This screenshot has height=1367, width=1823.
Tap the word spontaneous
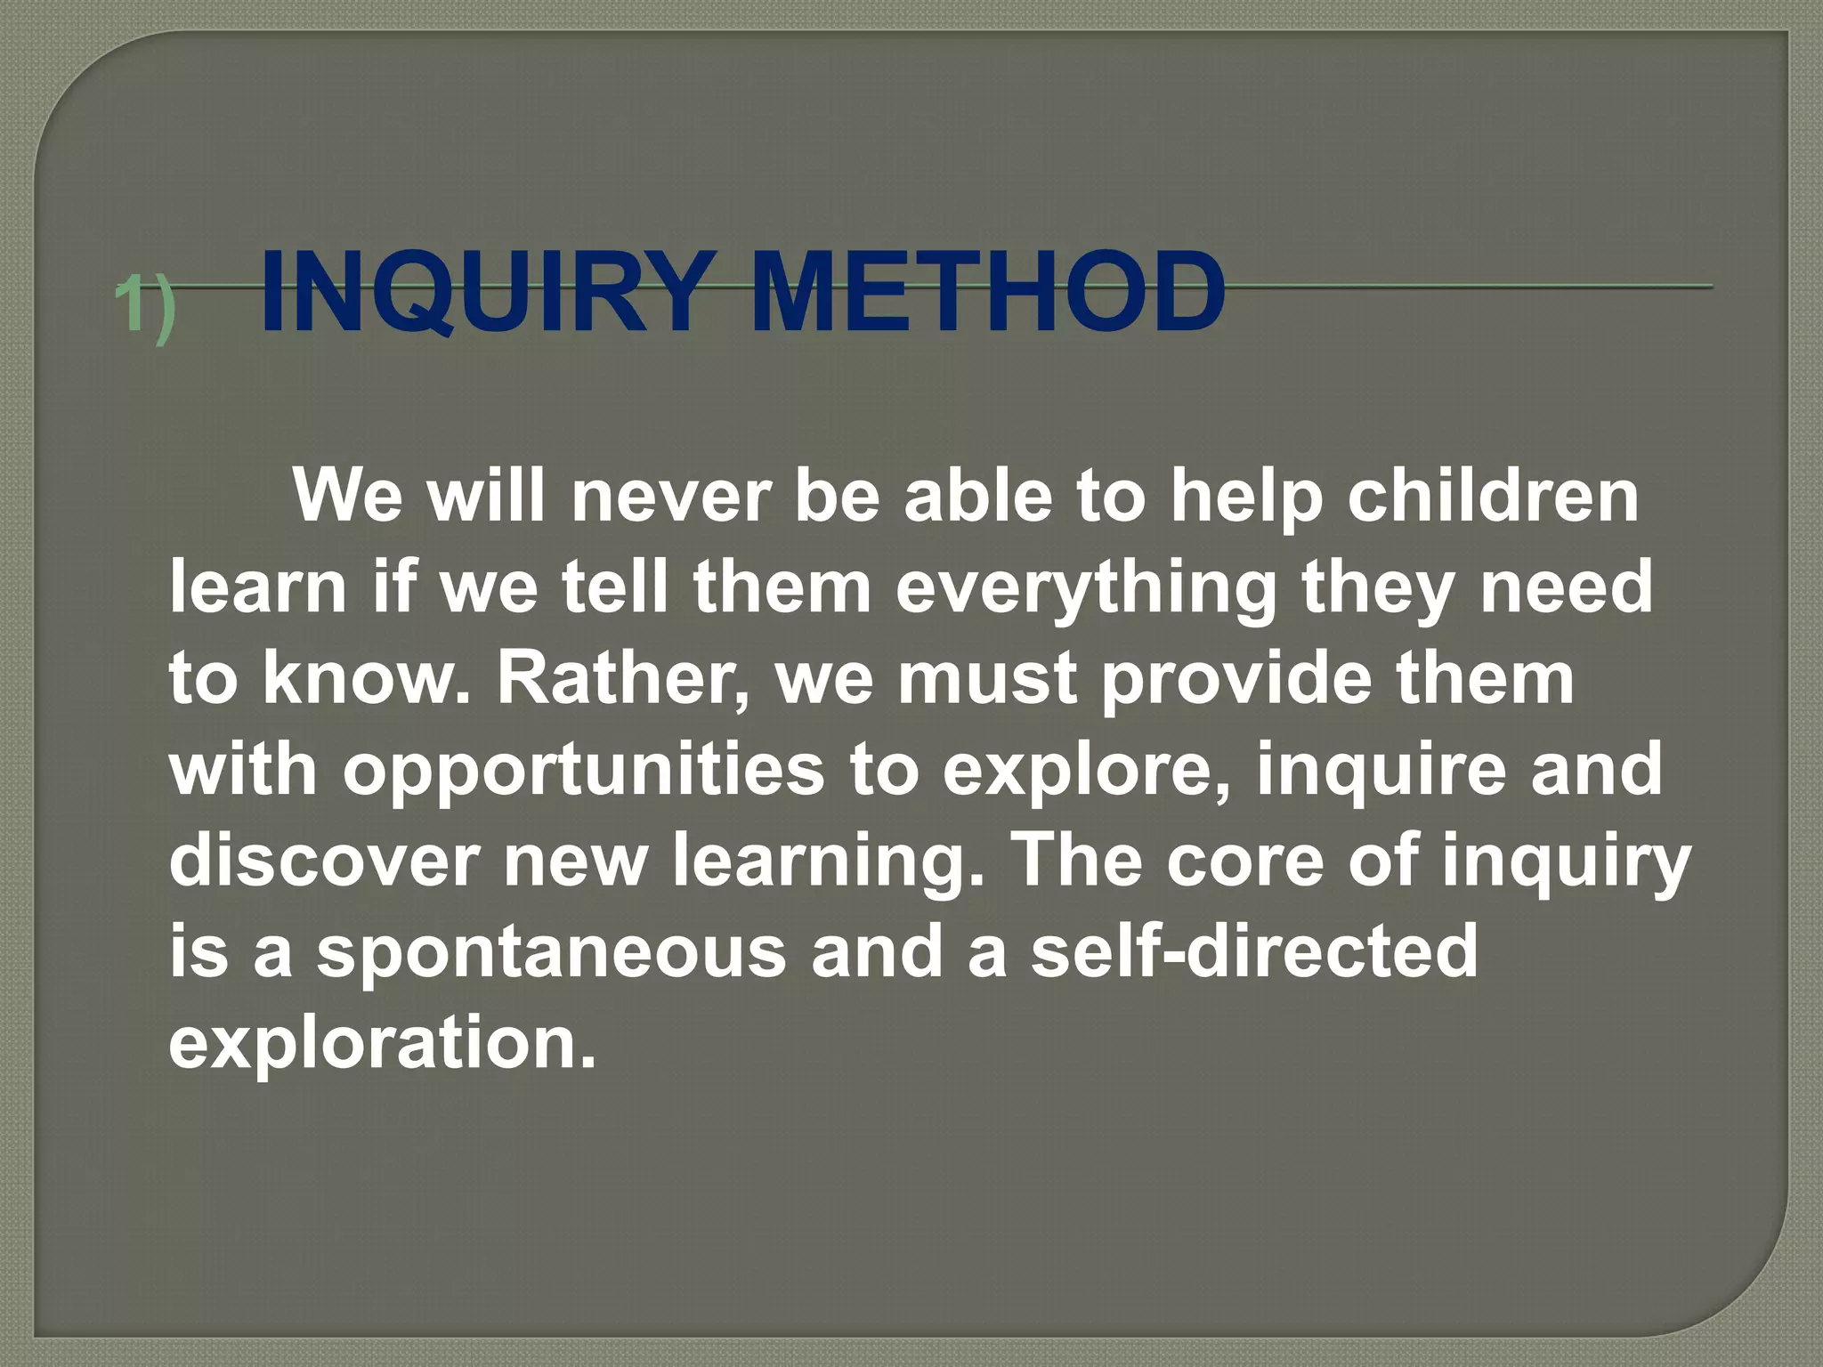coord(552,950)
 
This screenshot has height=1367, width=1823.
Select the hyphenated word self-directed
coord(1254,950)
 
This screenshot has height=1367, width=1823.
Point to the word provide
coord(1236,678)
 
